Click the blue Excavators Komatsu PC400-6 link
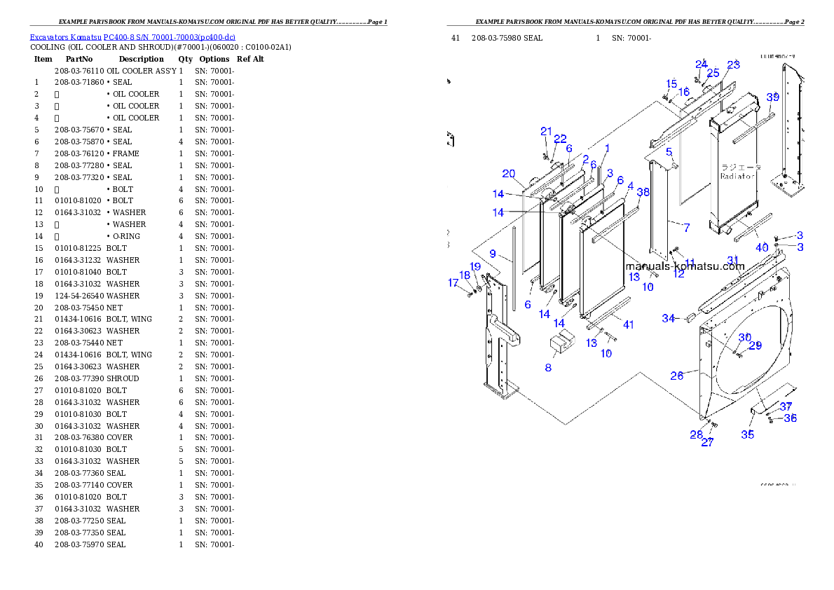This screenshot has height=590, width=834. point(132,36)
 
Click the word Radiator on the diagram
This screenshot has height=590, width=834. point(738,177)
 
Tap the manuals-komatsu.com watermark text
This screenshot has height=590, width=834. point(684,266)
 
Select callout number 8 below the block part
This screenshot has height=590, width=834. point(548,367)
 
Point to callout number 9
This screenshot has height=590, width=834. point(493,253)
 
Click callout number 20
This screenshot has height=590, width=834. point(509,174)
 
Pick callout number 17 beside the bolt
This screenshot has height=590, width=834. point(453,282)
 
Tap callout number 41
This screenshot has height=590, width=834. point(629,324)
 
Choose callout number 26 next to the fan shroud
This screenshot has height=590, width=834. point(676,376)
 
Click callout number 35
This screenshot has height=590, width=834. point(748,434)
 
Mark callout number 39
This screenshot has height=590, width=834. point(772,97)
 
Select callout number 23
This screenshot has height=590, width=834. point(733,64)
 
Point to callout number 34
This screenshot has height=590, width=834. point(669,319)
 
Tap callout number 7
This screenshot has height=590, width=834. point(686,228)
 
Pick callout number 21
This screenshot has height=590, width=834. point(547,131)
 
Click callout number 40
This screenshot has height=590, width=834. point(762,247)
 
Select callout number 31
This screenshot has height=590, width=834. point(732,260)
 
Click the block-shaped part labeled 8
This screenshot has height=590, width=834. point(561,343)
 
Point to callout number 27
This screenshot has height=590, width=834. point(707,442)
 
